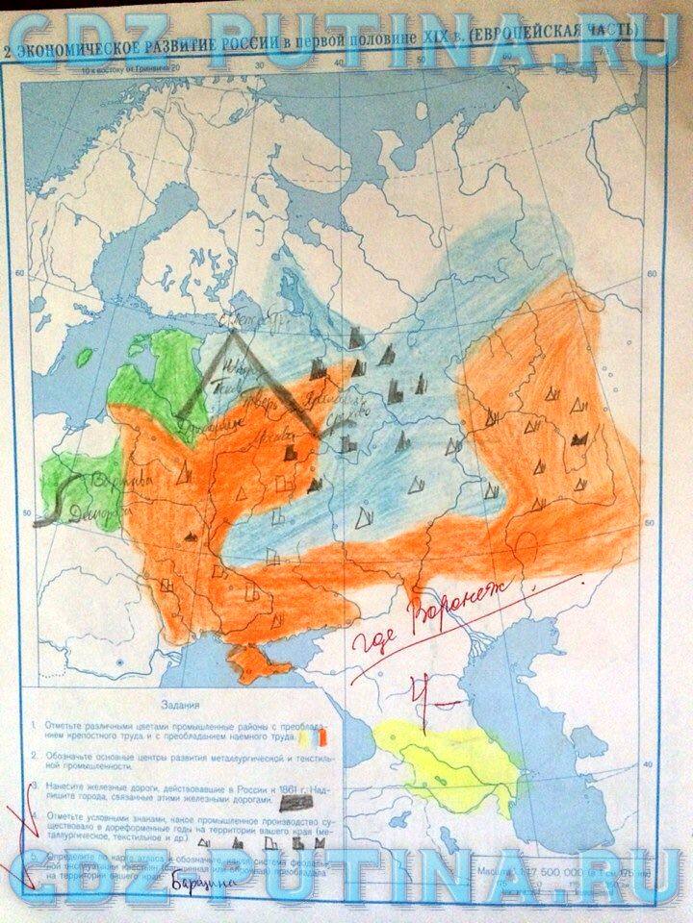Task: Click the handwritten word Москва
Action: [x=269, y=437]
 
